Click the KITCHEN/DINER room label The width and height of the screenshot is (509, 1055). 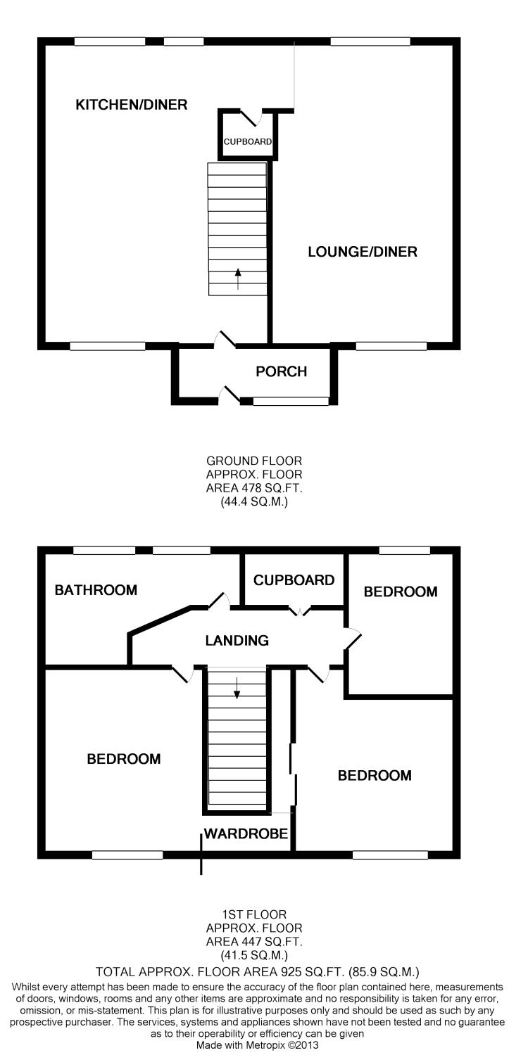[x=132, y=105]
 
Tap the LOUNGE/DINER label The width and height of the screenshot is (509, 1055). [x=363, y=252]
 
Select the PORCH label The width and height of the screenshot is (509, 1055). [x=282, y=371]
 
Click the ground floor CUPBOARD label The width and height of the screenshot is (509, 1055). [x=247, y=142]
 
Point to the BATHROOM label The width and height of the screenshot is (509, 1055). [x=96, y=590]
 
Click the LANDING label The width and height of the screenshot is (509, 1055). [x=237, y=641]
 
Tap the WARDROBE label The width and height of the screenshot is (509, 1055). [x=246, y=834]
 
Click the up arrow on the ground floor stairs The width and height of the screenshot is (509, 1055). [x=237, y=279]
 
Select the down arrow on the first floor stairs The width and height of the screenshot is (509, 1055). [x=237, y=687]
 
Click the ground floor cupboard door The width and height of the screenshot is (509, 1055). [x=251, y=118]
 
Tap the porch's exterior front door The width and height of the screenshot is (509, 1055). [x=230, y=395]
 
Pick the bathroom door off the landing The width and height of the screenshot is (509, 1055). [x=219, y=601]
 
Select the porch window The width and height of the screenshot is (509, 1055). [x=291, y=402]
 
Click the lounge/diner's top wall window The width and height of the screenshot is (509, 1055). [x=370, y=41]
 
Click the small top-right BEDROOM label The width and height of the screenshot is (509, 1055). [x=401, y=592]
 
